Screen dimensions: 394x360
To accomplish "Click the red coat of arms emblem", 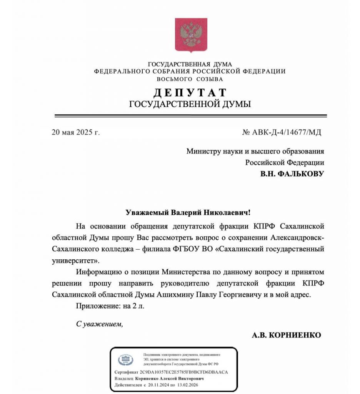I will point(191,35).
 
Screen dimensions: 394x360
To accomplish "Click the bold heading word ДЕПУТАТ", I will point(190,93).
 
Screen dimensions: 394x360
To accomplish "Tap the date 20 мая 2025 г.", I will point(75,133).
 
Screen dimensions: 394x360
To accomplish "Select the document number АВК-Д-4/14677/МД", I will point(287,133).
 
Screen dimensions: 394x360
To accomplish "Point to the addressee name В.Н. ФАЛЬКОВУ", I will point(292,174).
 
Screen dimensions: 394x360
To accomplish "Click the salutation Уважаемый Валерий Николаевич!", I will point(188,212).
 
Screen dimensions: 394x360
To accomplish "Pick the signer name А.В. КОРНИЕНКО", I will point(286,335).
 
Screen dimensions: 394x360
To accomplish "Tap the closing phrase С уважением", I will point(100,324).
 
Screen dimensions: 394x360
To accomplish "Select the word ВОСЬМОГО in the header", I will point(172,79).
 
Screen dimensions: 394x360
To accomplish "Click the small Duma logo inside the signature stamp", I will point(126,360).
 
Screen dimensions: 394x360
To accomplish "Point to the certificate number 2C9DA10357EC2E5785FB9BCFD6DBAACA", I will point(183,372).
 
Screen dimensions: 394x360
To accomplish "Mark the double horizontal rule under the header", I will point(191,115).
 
